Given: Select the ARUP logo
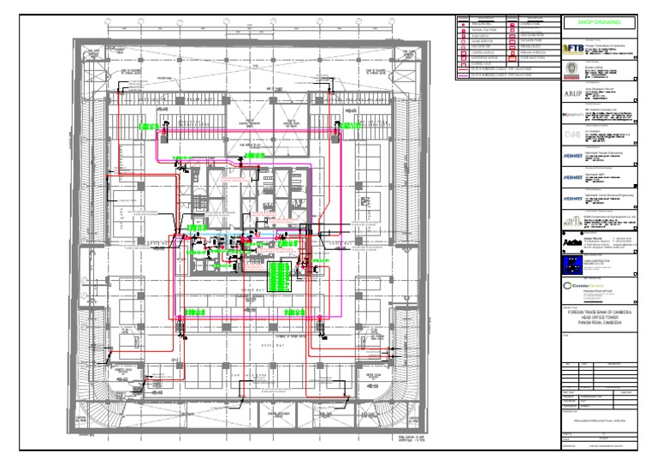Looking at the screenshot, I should (x=573, y=93).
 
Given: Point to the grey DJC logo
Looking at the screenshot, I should (x=572, y=135).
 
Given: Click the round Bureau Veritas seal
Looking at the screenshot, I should (x=573, y=70).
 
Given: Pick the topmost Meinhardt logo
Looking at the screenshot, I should (x=573, y=157).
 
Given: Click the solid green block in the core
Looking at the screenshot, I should (x=277, y=277).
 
